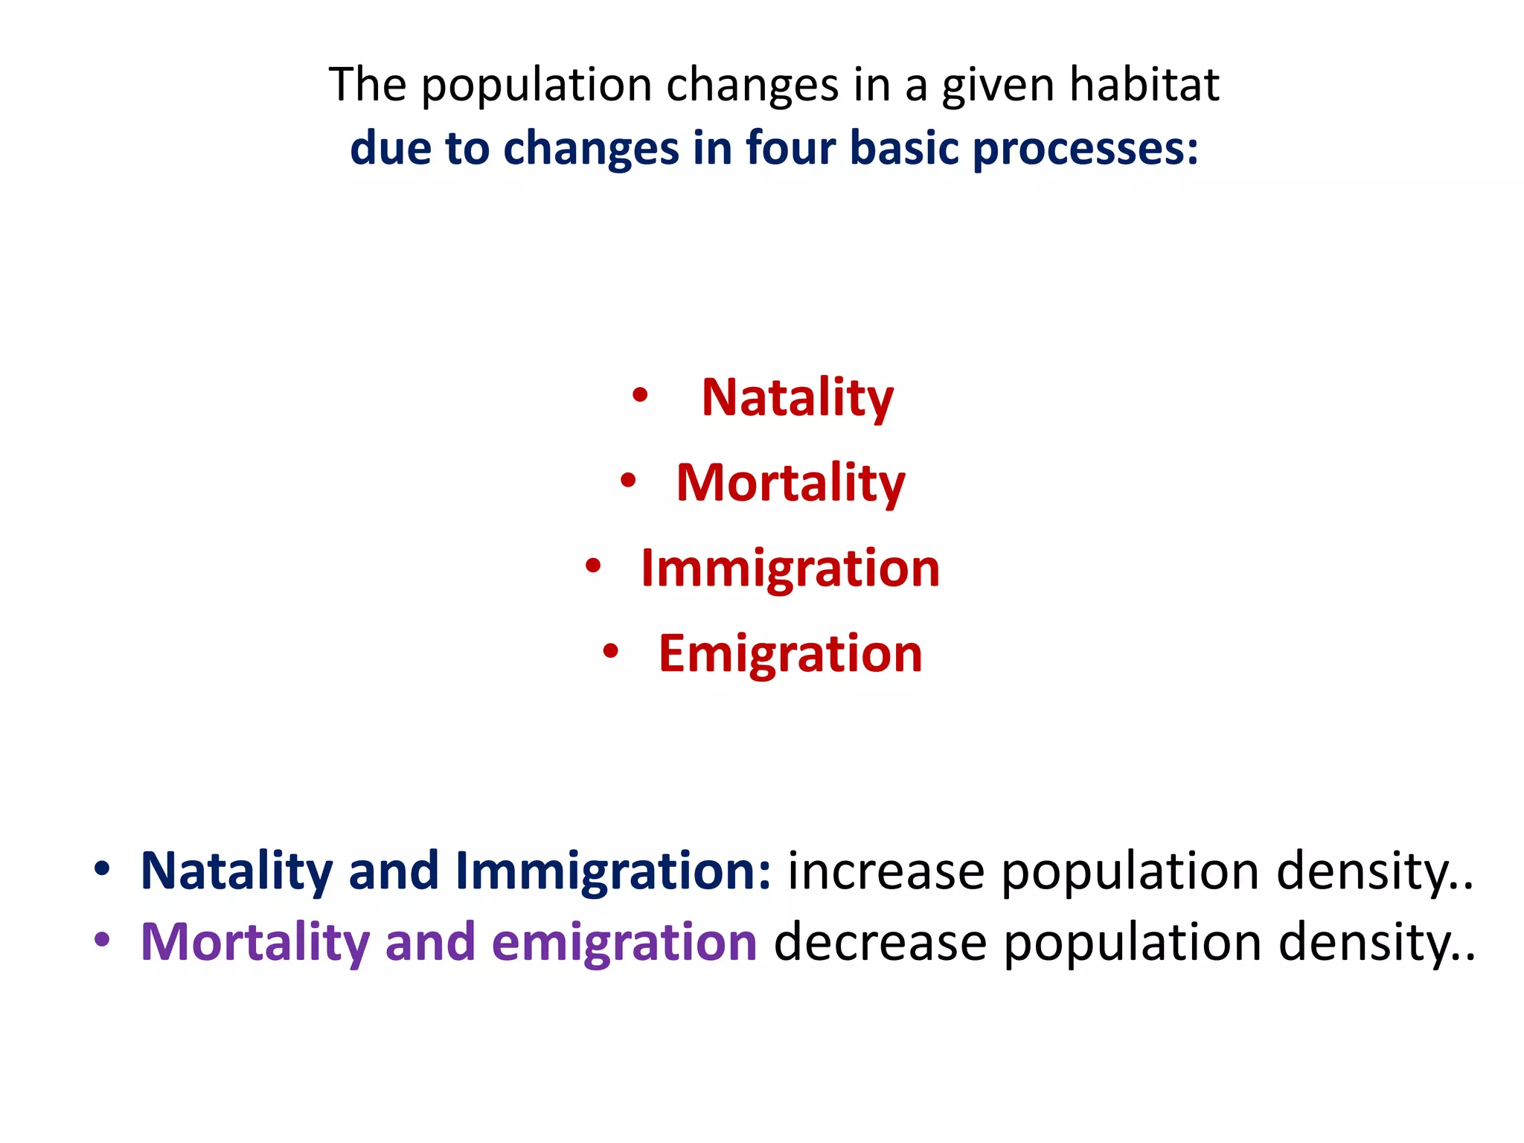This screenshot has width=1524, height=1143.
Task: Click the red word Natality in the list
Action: (797, 399)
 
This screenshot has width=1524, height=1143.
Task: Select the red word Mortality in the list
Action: (790, 484)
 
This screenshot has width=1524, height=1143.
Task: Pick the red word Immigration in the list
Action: (790, 569)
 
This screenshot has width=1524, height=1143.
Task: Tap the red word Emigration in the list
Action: (790, 654)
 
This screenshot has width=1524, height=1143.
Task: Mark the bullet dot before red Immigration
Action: (592, 566)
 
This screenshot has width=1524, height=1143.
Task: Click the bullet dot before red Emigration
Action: (610, 651)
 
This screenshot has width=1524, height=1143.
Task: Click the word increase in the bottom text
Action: (886, 871)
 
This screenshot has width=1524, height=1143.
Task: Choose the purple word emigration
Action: (624, 943)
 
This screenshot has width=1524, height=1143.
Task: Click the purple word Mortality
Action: (255, 943)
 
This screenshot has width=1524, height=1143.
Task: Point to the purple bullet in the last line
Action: (102, 940)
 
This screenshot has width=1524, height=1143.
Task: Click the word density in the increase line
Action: (1369, 871)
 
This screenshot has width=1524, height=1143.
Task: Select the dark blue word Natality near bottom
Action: (237, 871)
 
